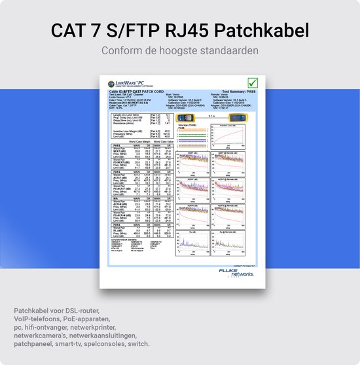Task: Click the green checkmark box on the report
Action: coord(253,83)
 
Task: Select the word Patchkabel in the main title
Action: coord(265,31)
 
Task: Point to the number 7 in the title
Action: coord(98,31)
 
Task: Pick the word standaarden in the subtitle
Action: coord(232,51)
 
